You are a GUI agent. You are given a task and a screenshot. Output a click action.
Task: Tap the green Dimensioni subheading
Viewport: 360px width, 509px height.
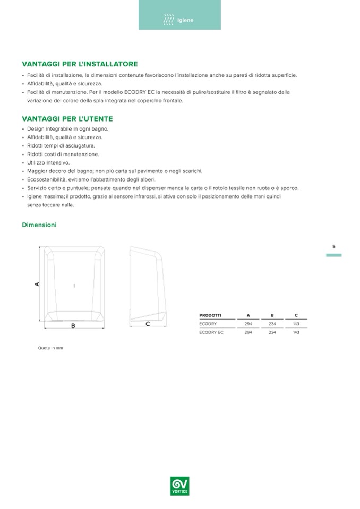coord(39,225)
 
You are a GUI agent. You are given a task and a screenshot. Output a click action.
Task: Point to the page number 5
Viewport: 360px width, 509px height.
coord(333,246)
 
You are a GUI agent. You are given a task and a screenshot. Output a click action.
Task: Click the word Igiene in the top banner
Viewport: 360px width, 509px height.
coord(185,21)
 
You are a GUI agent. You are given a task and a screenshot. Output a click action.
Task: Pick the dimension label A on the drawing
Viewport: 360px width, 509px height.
coord(37,284)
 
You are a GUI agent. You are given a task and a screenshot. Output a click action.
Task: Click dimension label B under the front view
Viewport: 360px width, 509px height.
coord(73,325)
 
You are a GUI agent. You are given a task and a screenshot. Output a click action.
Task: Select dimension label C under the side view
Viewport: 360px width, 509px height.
coord(147,323)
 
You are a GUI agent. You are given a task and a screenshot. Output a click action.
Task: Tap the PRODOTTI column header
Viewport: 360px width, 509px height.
coord(210,315)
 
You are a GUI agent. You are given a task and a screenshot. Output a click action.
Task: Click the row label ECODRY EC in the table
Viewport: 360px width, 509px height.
coord(211,332)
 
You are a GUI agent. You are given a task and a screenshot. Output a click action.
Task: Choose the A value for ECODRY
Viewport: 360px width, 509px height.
coord(248,323)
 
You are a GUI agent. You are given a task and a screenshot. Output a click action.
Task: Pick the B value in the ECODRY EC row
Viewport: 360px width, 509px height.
coord(272,332)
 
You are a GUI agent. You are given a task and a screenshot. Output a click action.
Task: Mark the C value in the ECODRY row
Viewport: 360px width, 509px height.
coord(296,323)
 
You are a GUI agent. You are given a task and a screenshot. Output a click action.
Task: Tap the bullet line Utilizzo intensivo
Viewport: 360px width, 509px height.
coord(48,162)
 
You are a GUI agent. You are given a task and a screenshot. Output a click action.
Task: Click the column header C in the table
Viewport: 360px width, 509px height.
coord(296,315)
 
